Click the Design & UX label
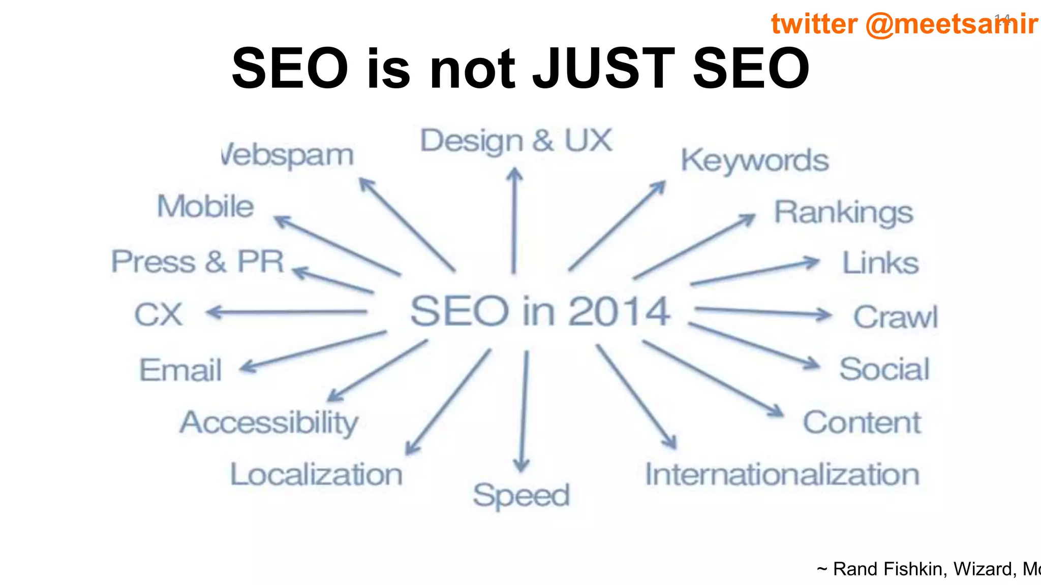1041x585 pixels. [516, 141]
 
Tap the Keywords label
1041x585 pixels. [755, 161]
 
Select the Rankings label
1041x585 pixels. [843, 213]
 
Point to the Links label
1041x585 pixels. [880, 263]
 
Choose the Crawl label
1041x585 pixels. [895, 317]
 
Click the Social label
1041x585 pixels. [884, 369]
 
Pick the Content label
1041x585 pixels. [862, 422]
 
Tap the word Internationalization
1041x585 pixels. [782, 475]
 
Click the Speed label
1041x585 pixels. [521, 496]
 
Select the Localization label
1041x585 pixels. [316, 475]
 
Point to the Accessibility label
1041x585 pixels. [269, 423]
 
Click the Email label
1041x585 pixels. [180, 370]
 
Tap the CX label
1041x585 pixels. [158, 315]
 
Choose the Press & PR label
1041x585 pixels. [197, 262]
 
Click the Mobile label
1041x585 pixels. [205, 207]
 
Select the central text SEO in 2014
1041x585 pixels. [540, 311]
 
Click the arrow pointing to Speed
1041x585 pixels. [524, 411]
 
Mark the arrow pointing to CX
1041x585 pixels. [287, 312]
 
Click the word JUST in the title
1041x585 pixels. [603, 68]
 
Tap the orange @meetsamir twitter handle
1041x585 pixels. [952, 24]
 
